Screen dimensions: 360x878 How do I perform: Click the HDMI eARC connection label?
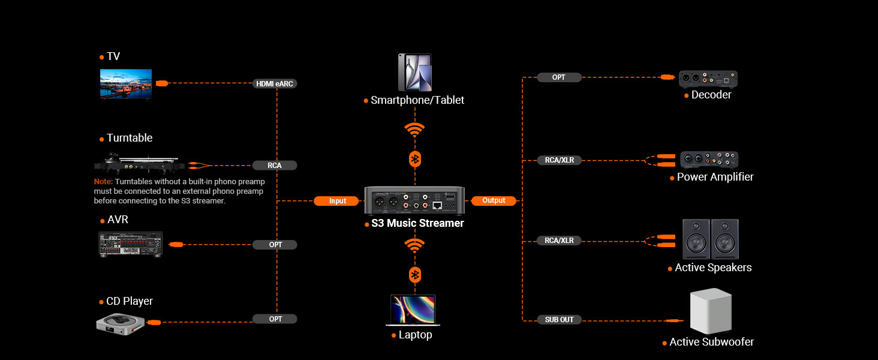tap(275, 84)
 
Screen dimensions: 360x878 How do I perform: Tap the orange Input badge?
tap(337, 201)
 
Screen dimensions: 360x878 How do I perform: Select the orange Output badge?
tap(494, 200)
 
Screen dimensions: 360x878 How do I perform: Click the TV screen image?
tap(126, 83)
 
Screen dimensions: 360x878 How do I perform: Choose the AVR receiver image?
tap(130, 244)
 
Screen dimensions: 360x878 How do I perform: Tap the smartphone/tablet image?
tap(415, 73)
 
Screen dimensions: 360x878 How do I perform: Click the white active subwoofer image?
tap(711, 311)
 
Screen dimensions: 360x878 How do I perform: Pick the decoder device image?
tap(708, 79)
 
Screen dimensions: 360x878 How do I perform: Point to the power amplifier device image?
tap(709, 160)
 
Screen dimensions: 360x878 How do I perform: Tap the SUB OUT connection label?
tap(559, 320)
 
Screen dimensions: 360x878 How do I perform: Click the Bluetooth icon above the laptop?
tap(414, 275)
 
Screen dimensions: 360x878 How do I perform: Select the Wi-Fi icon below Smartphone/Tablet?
tap(414, 130)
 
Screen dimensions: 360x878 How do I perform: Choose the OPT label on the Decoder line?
tap(558, 77)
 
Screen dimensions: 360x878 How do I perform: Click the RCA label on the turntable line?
tap(275, 165)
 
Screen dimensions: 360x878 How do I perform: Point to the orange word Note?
tap(103, 181)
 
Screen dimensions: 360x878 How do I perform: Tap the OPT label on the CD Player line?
tap(275, 319)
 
